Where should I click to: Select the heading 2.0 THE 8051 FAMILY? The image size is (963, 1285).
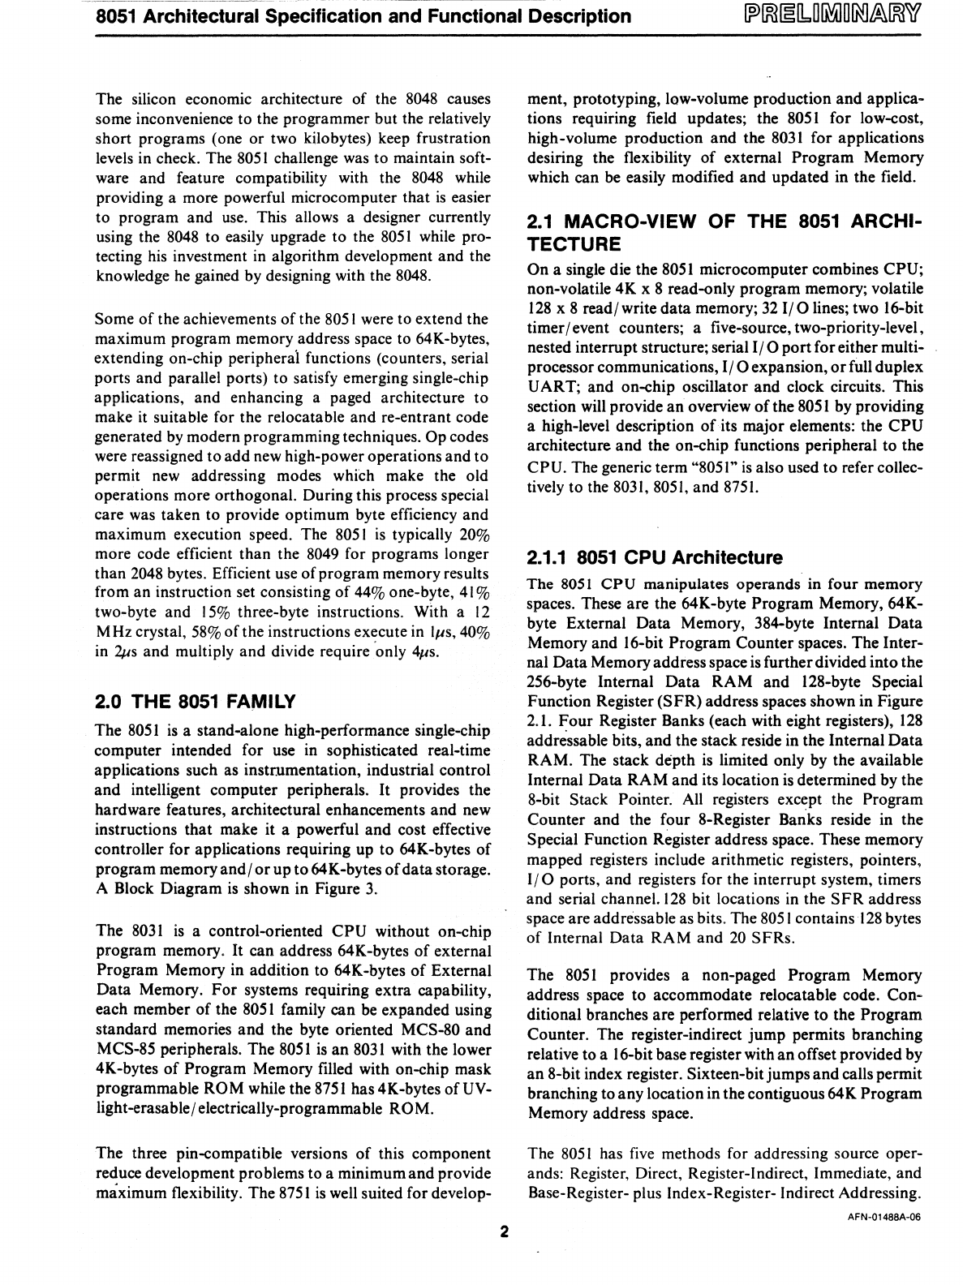click(196, 701)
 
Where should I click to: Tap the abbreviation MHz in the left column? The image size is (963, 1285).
click(113, 633)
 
